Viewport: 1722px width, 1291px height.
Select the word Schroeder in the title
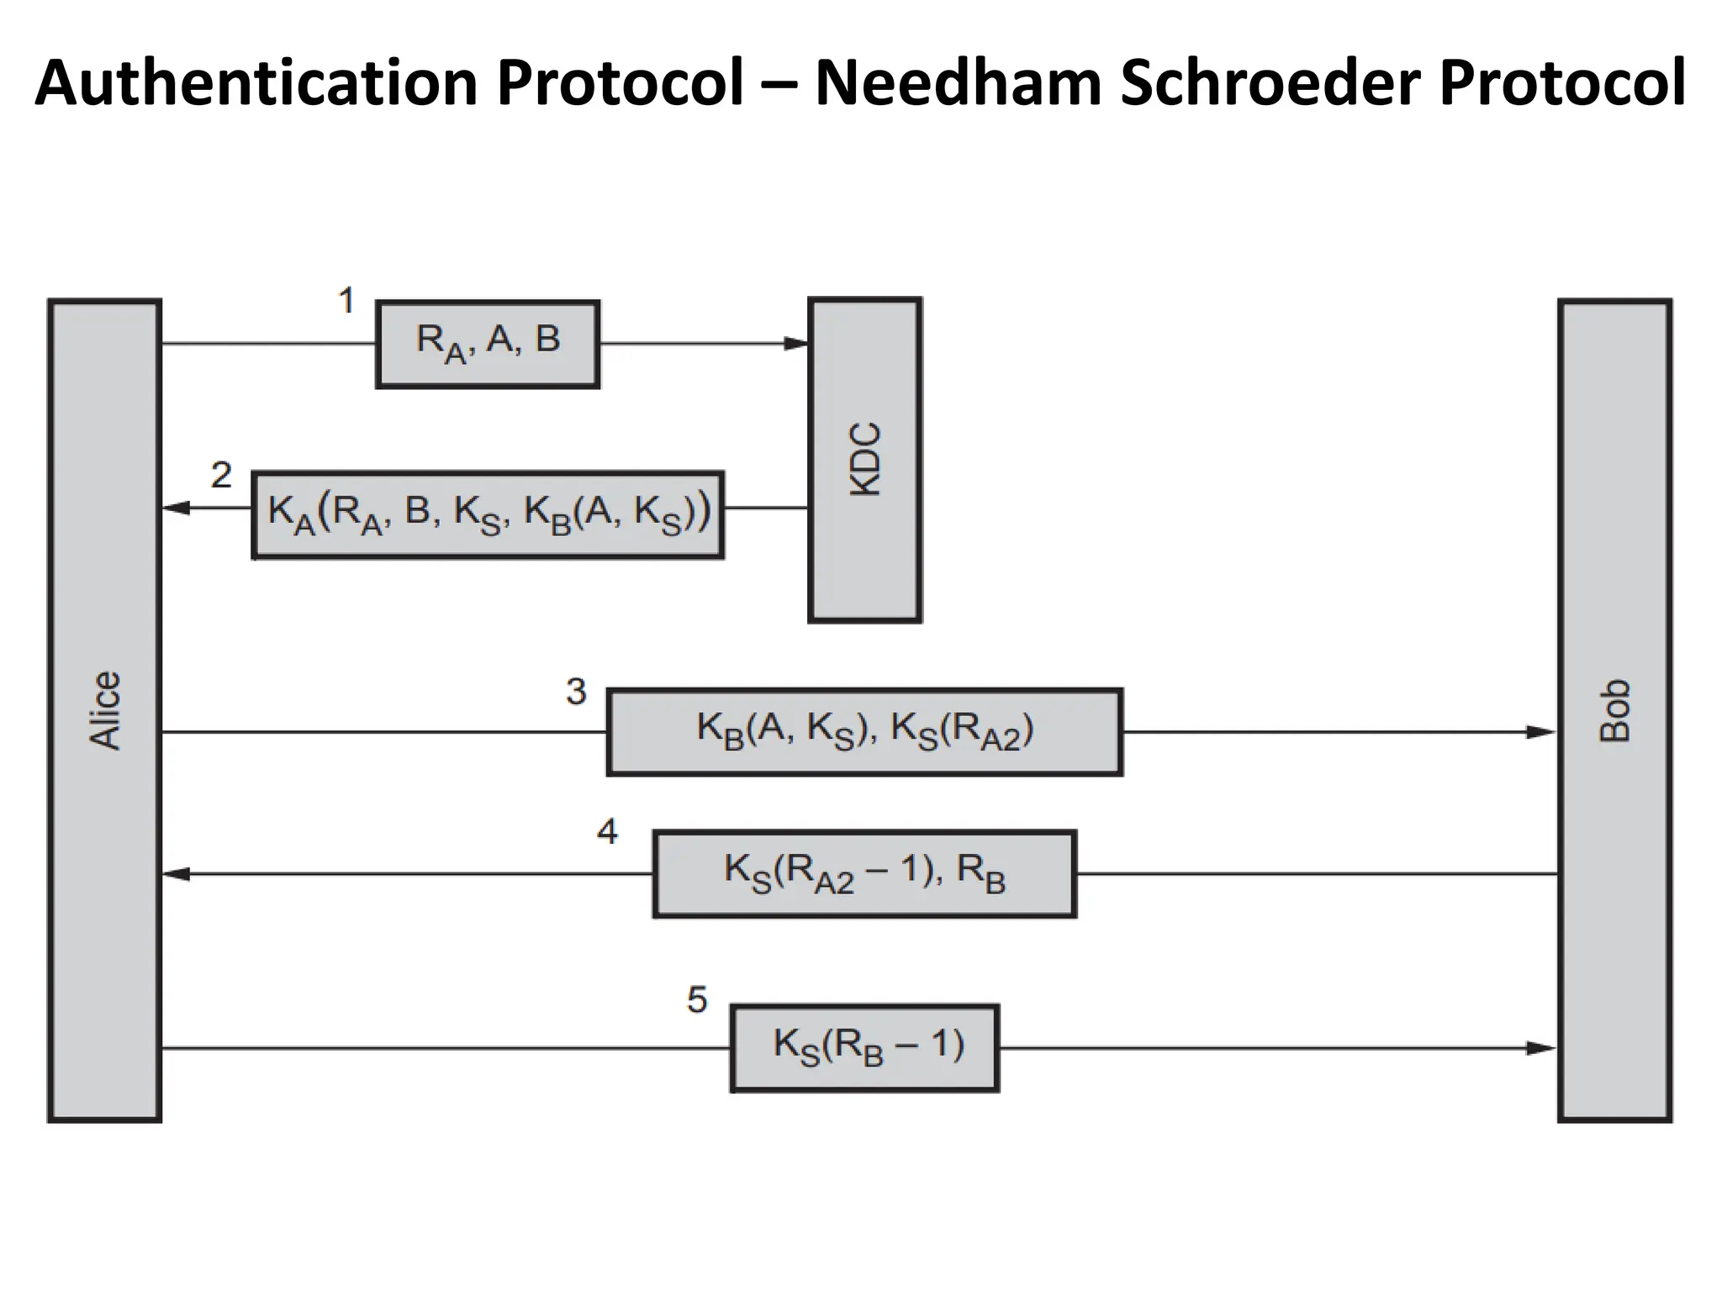click(1270, 82)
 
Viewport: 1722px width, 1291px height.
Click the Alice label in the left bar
click(105, 710)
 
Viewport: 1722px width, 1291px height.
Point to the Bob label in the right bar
click(1614, 710)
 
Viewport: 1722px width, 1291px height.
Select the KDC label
click(865, 460)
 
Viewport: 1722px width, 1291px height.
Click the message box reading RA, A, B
click(488, 343)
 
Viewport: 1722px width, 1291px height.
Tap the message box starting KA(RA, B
click(489, 514)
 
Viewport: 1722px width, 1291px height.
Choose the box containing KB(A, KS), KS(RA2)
click(864, 731)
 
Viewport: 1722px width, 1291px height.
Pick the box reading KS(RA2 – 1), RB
click(864, 873)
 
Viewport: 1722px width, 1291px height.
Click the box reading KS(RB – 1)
click(864, 1047)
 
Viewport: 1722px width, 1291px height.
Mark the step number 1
click(346, 301)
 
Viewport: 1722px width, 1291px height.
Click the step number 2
click(221, 476)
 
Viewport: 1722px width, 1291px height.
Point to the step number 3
click(576, 692)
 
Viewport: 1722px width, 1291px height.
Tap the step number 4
click(607, 832)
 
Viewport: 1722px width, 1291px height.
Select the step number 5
click(697, 1000)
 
